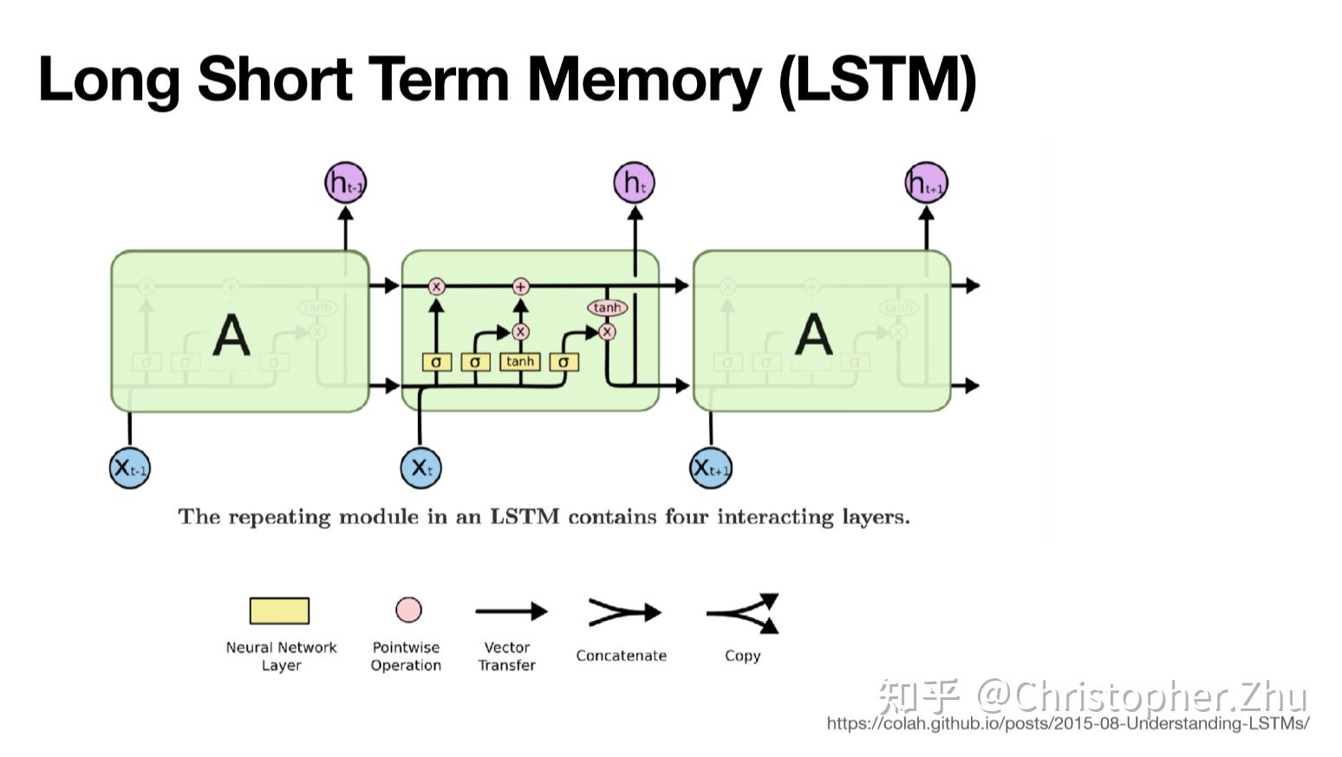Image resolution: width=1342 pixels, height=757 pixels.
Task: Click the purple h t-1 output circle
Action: tap(345, 183)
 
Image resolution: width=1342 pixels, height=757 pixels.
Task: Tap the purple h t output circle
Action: tap(634, 183)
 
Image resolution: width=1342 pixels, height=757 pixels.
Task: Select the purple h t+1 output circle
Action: tap(926, 183)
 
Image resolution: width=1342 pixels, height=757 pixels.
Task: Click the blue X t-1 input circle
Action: tap(130, 468)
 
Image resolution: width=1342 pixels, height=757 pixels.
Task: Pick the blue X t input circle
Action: tap(420, 468)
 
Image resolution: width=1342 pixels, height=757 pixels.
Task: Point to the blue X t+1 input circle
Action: tap(711, 468)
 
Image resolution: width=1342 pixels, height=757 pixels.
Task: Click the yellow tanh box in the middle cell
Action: tap(520, 361)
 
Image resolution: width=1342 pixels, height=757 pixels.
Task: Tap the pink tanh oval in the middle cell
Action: tap(607, 307)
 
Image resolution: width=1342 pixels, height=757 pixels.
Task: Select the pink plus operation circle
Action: tap(520, 287)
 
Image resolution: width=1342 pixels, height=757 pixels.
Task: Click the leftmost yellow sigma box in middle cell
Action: tap(436, 362)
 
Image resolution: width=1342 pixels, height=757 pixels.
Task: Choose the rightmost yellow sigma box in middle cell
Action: tap(564, 362)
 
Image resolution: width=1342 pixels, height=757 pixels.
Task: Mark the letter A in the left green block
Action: tap(231, 335)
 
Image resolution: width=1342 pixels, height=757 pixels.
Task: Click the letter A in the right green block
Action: tap(813, 335)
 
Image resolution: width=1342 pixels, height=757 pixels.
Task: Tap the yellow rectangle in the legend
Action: tap(279, 611)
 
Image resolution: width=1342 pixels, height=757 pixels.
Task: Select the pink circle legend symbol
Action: tap(408, 610)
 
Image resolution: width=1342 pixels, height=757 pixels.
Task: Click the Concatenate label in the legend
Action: tap(621, 656)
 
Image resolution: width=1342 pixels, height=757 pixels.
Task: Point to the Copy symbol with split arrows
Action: tap(744, 613)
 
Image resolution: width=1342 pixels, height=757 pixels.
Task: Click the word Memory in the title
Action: tap(643, 80)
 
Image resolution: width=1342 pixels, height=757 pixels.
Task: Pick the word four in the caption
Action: tap(686, 517)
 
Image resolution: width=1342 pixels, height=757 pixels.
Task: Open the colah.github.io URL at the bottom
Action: tap(1067, 724)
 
